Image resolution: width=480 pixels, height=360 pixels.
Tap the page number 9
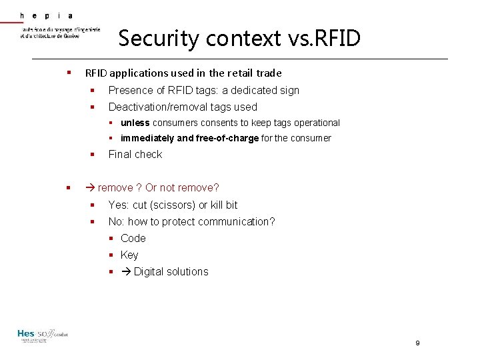[417, 343]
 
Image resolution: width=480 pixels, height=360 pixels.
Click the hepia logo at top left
[59, 26]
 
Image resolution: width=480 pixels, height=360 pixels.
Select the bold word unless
[135, 123]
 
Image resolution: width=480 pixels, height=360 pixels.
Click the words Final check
[135, 154]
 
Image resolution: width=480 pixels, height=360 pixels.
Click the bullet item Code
[133, 238]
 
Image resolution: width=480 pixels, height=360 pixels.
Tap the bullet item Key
[129, 255]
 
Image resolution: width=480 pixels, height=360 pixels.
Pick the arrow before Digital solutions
[126, 271]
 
